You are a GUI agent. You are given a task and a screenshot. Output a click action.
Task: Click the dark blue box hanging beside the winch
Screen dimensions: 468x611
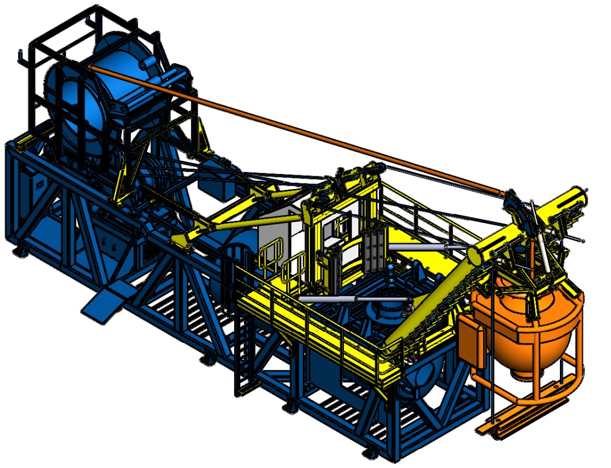click(220, 187)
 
